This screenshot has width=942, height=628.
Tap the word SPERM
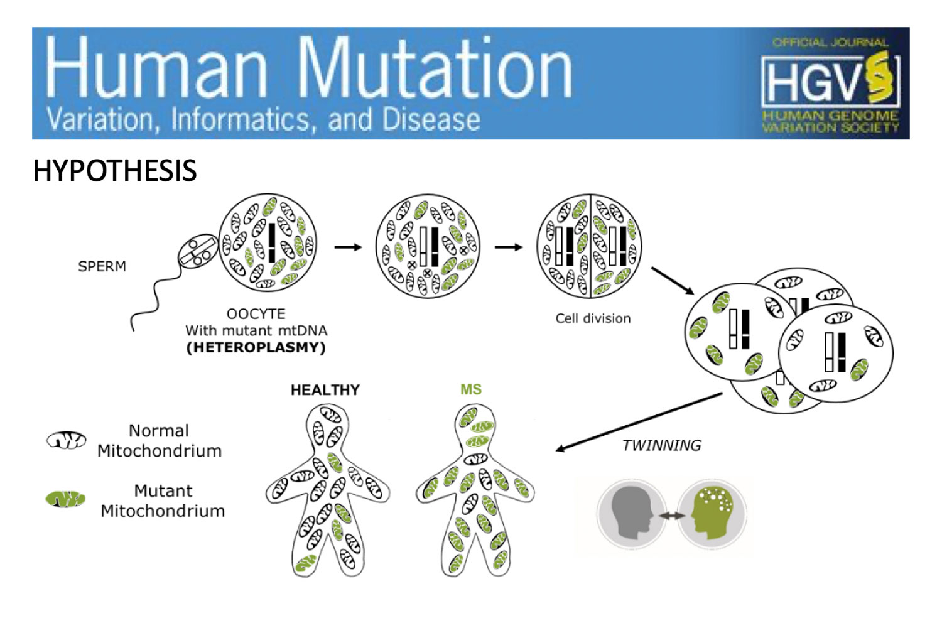(102, 266)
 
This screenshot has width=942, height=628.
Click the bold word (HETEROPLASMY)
(256, 347)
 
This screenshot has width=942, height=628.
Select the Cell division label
(593, 318)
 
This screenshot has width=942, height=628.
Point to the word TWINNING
(661, 445)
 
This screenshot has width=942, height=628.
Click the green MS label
(471, 389)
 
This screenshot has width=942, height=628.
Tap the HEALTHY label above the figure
(325, 390)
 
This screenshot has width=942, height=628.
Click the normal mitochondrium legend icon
(66, 440)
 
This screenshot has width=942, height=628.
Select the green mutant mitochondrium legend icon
(65, 499)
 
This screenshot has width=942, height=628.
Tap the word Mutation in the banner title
(435, 67)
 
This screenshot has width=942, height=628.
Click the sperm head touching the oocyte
(198, 251)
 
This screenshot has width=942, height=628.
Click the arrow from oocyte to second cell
(348, 247)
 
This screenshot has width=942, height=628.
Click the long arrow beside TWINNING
(639, 422)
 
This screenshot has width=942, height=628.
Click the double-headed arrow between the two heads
(672, 516)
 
